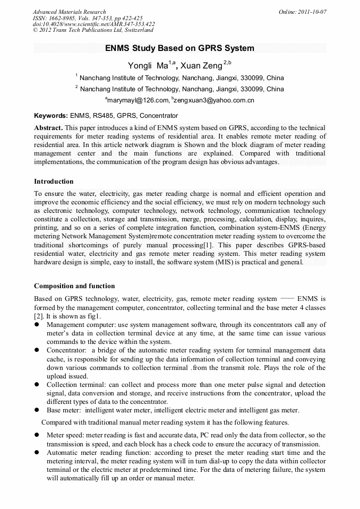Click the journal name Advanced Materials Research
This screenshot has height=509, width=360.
[x=69, y=12]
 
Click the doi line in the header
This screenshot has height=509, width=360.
[x=93, y=24]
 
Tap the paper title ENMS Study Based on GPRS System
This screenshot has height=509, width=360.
[x=179, y=48]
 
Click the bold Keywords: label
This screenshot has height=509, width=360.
[x=51, y=116]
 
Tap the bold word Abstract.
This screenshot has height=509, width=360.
[x=49, y=128]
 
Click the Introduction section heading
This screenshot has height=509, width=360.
[x=54, y=182]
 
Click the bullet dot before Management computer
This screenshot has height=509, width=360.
[x=37, y=325]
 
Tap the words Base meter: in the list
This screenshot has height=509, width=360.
[x=63, y=410]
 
